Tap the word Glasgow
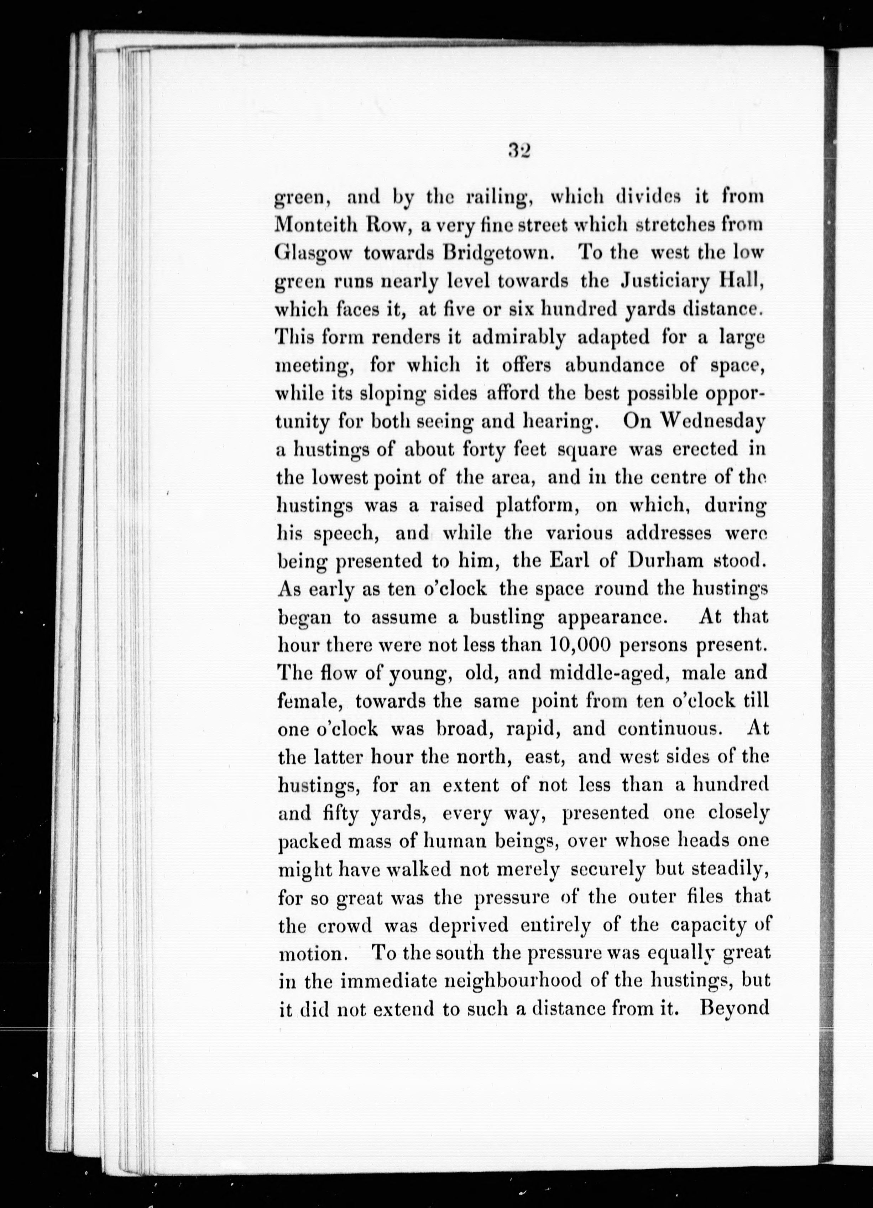click(x=313, y=254)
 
